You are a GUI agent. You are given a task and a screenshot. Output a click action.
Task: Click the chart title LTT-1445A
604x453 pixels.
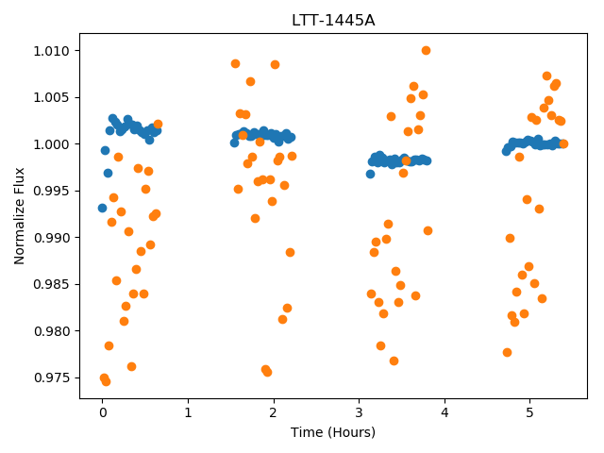click(x=333, y=20)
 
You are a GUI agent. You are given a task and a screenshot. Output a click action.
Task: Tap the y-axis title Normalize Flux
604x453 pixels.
click(x=19, y=216)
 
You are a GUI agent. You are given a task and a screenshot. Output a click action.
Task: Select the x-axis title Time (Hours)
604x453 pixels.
click(x=333, y=432)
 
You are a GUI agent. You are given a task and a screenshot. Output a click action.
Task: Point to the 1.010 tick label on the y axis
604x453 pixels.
click(x=51, y=51)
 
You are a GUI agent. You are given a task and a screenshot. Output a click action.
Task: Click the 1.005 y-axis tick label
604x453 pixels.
click(x=51, y=97)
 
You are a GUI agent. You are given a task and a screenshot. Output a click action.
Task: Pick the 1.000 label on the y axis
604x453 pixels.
click(x=51, y=144)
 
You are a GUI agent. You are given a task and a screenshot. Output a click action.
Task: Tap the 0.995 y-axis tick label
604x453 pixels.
click(x=51, y=191)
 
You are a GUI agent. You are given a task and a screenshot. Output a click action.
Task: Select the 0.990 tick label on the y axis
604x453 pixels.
click(x=51, y=238)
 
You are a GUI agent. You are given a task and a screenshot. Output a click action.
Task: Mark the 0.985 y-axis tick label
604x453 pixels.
click(x=51, y=285)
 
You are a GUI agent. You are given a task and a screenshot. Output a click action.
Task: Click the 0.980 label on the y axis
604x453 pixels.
click(x=51, y=331)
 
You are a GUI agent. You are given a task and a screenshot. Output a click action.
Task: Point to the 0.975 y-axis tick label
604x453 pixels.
click(x=51, y=377)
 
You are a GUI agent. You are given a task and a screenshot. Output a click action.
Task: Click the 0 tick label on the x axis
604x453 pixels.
click(x=103, y=412)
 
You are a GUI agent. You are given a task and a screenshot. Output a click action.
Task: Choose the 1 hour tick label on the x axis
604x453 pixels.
click(x=188, y=412)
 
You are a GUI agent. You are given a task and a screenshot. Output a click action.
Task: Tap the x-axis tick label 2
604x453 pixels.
click(x=274, y=412)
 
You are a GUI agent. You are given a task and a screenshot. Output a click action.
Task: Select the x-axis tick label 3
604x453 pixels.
click(x=359, y=412)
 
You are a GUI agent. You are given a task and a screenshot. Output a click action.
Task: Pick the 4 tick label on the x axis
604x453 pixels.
click(x=445, y=412)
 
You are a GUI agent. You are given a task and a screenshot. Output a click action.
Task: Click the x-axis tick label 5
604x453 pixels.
click(x=530, y=412)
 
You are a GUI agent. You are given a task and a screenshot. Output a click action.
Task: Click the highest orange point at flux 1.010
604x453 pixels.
click(x=426, y=50)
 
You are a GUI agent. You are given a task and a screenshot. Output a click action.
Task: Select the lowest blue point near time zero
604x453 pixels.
click(x=102, y=208)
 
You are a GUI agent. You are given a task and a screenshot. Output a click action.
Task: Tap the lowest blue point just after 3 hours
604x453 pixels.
click(x=370, y=174)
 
